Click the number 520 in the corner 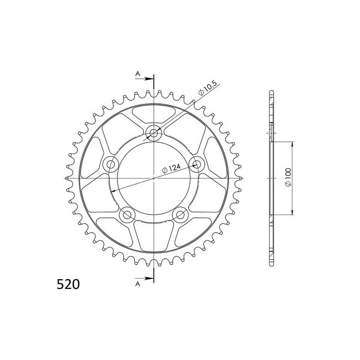coord(68,284)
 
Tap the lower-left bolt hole coord(127,215)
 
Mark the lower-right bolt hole coord(181,215)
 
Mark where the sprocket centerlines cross coord(154,178)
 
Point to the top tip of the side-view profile coord(271,91)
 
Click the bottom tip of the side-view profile coord(271,265)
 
